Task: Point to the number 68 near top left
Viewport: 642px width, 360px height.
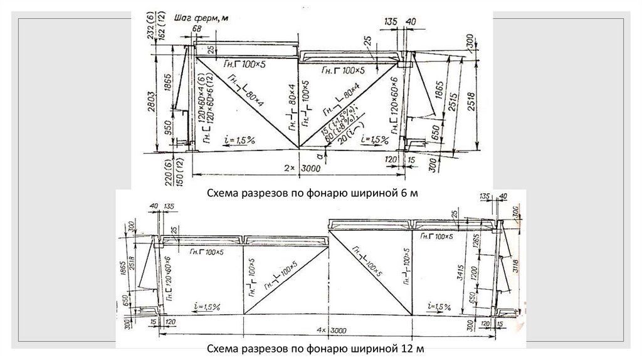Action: click(197, 29)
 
